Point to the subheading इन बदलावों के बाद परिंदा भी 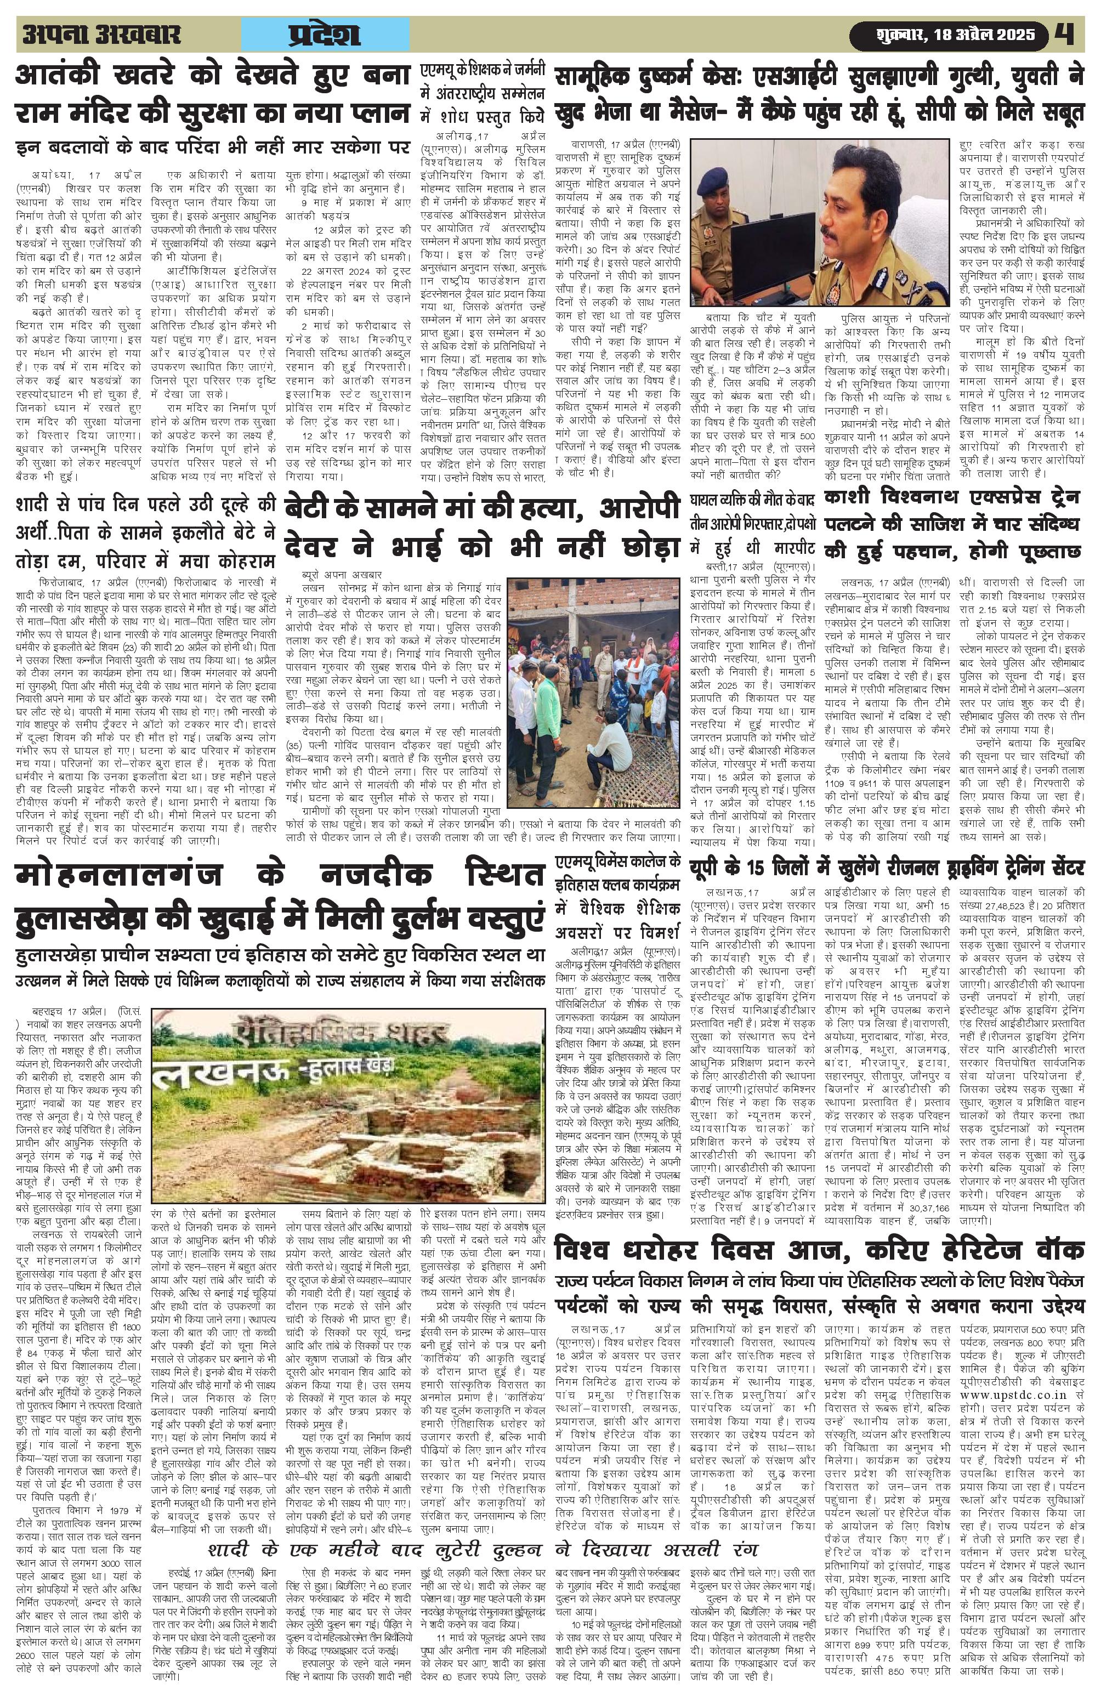click(214, 148)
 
